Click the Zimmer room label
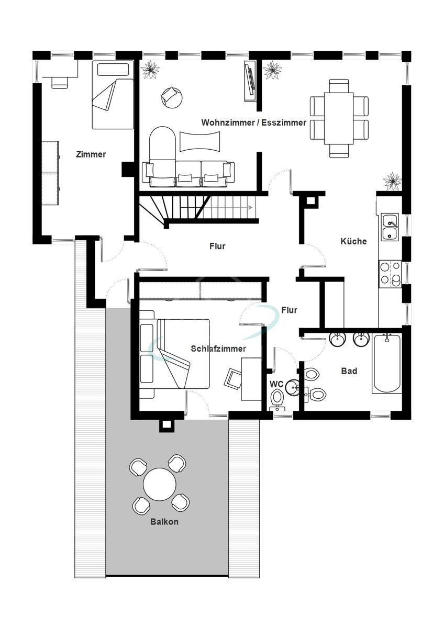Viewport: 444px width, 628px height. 91,154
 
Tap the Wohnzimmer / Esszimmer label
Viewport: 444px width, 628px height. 253,122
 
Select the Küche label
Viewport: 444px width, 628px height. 353,241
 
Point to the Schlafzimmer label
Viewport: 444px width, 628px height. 218,349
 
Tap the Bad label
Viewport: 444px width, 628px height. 349,371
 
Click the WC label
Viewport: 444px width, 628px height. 276,384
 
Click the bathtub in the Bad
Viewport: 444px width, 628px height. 387,363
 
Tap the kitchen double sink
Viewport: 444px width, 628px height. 390,227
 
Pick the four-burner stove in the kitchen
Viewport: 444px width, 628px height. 390,274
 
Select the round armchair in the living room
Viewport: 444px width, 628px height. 172,97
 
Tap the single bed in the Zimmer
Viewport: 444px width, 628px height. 113,95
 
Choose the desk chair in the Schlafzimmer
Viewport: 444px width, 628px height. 234,378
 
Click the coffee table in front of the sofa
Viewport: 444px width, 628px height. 200,141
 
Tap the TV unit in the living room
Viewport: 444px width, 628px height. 250,81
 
